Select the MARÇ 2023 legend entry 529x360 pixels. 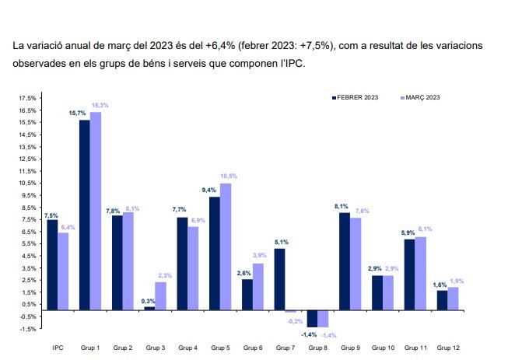pos(422,98)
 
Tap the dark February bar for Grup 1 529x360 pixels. pos(84,215)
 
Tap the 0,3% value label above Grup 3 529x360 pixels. pos(149,301)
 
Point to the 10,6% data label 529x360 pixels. pos(229,177)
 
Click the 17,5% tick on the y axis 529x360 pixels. pos(27,99)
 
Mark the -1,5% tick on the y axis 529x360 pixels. pos(27,328)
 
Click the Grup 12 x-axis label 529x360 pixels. pos(447,347)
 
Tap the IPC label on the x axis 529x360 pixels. pos(58,347)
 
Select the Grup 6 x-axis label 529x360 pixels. pos(253,347)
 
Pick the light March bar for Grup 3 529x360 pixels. pos(160,296)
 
